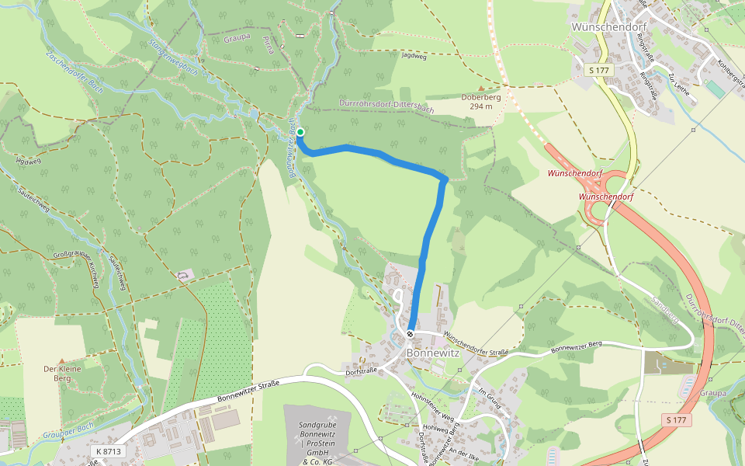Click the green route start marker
(300, 132)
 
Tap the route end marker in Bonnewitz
(410, 334)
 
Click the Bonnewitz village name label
(433, 353)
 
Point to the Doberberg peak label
(481, 101)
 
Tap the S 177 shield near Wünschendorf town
(600, 70)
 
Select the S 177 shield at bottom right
(676, 420)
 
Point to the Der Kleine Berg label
(62, 374)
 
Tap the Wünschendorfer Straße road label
(474, 344)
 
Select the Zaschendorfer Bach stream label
(74, 71)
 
